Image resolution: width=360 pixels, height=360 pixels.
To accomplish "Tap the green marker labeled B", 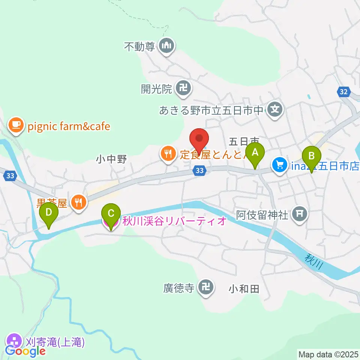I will [311, 155].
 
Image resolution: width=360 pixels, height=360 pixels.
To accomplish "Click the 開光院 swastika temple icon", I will [184, 89].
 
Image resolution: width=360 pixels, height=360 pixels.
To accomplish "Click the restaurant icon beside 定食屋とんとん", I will [168, 153].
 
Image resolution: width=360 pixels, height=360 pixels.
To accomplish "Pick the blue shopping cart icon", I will [279, 164].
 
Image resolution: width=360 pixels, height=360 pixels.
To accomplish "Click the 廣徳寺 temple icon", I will [205, 288].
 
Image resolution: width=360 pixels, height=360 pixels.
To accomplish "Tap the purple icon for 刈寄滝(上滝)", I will [15, 342].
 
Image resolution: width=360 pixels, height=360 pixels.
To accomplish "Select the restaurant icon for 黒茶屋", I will [79, 203].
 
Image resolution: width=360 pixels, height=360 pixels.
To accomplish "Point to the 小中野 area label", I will [111, 159].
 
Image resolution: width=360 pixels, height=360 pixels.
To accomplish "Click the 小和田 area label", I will [244, 289].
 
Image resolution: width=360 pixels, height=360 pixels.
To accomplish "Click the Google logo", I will [25, 351].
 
